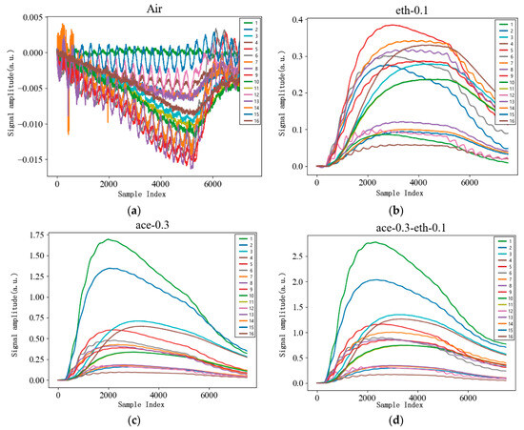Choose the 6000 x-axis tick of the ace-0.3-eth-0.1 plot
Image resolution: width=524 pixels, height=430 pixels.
469,398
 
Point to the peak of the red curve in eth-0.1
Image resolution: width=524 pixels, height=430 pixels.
391,25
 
